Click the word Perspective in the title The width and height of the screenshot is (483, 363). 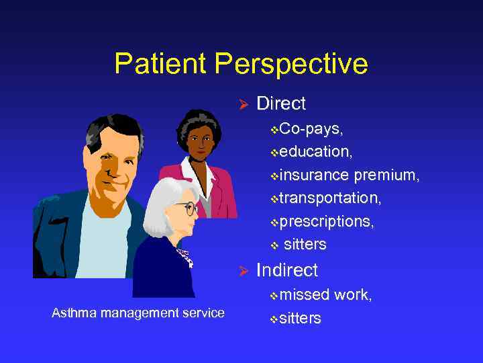[292, 65]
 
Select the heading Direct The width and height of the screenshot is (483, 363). [280, 104]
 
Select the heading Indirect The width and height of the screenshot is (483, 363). [286, 270]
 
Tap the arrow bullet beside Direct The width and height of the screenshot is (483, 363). [244, 104]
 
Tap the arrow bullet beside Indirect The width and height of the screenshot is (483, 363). [244, 271]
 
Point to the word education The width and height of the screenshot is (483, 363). [312, 152]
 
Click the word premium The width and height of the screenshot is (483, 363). [386, 175]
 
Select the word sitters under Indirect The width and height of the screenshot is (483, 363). [300, 318]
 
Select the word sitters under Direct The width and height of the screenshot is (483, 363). [305, 244]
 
